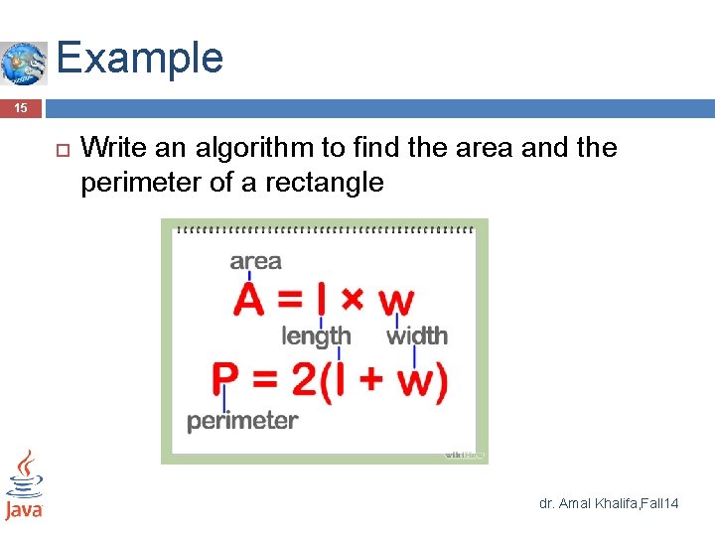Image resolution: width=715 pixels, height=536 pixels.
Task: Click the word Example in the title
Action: (x=140, y=58)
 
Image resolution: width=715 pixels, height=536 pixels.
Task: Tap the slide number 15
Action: (x=21, y=108)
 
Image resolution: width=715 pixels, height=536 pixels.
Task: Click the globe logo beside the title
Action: (x=24, y=64)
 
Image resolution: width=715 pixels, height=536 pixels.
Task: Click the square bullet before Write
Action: (x=59, y=150)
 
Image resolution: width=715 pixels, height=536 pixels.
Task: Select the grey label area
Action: (x=255, y=261)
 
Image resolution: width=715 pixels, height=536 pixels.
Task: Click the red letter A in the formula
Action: (x=249, y=300)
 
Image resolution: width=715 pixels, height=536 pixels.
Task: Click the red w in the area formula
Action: (x=396, y=301)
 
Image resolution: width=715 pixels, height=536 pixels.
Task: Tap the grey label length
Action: (x=316, y=336)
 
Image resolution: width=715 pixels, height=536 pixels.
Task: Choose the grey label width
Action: (x=417, y=336)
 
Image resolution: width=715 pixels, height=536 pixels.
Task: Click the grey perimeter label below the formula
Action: (x=242, y=421)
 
